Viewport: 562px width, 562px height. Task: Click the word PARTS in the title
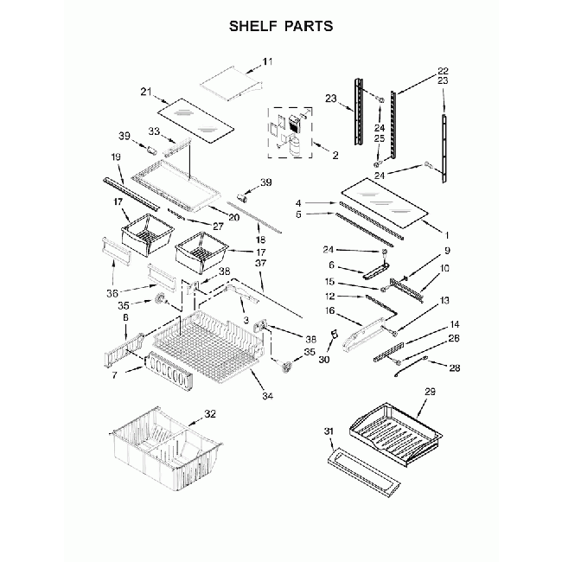pyautogui.click(x=304, y=26)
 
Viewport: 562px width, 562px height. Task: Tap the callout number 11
pyautogui.click(x=266, y=61)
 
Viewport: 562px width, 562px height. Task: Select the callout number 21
pyautogui.click(x=145, y=93)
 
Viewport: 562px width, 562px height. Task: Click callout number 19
pyautogui.click(x=116, y=156)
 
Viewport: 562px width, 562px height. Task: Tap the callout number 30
pyautogui.click(x=324, y=359)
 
